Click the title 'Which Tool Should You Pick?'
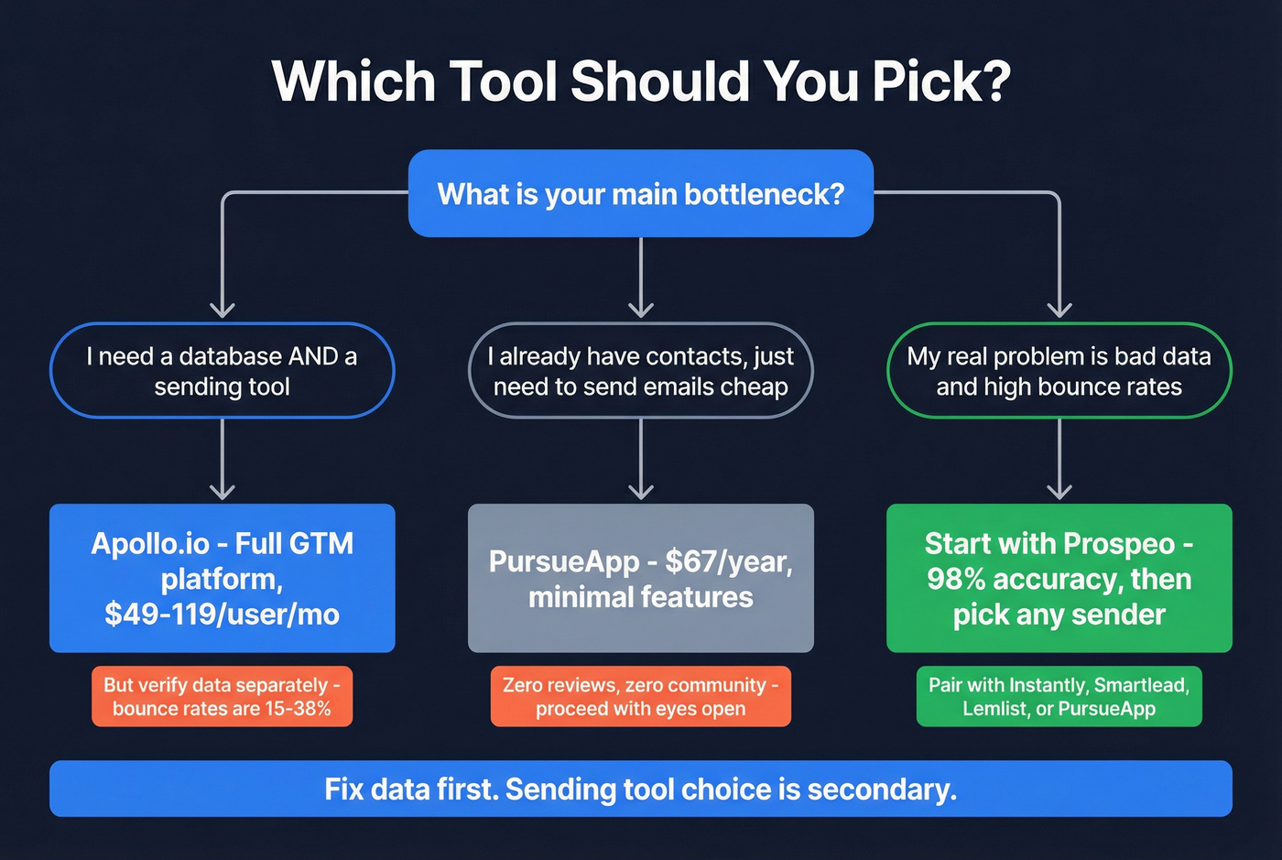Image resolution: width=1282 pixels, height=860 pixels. point(641,82)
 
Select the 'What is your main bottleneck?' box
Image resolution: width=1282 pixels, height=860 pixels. point(641,193)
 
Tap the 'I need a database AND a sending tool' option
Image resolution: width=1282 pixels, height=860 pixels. point(222,371)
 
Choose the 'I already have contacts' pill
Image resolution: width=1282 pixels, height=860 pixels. point(641,371)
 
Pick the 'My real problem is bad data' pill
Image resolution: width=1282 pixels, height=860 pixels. point(1059,371)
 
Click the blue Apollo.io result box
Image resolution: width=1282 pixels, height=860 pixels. point(222,578)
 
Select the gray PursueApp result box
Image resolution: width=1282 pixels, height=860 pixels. point(641,578)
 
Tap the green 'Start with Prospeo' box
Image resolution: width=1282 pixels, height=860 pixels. point(1059,578)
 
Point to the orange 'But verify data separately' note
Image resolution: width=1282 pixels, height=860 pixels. point(222,697)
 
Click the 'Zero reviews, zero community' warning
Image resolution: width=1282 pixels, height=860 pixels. point(641,697)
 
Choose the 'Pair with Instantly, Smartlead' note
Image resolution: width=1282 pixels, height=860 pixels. point(1059,697)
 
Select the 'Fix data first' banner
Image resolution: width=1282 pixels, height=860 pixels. point(641,789)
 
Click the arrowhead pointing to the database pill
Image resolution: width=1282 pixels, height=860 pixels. point(223,310)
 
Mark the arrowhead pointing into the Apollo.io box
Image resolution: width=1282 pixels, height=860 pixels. point(223,491)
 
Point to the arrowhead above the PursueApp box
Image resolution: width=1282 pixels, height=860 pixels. point(641,491)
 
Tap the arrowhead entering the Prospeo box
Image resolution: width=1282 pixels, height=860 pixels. point(1059,491)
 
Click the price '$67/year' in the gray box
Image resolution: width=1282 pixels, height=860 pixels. point(728,561)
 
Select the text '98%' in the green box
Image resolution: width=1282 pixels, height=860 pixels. point(956,579)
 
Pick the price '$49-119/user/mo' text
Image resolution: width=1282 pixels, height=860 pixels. point(222,614)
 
